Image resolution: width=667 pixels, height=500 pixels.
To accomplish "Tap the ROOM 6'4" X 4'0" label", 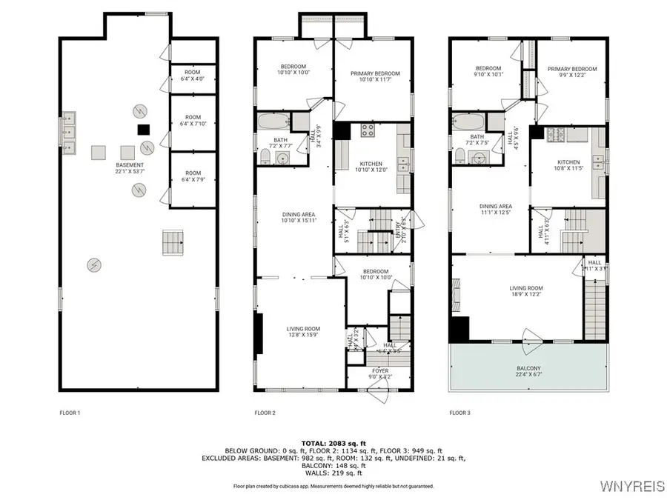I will (193, 75).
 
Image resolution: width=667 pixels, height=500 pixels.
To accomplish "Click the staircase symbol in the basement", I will (171, 241).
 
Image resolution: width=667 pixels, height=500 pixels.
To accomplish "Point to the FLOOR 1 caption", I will (70, 413).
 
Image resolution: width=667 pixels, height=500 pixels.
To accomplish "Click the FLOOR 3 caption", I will (460, 413).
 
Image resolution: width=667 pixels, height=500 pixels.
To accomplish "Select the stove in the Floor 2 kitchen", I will (367, 130).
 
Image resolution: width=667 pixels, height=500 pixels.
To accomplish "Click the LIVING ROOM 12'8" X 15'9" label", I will (303, 332).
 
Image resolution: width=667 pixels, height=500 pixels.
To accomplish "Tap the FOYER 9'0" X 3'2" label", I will (380, 373).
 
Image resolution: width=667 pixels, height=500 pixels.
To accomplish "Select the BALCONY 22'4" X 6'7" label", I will (529, 371).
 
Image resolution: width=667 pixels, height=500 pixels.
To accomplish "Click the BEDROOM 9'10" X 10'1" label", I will (488, 71).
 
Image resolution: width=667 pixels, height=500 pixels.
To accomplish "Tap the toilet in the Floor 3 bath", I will (459, 154).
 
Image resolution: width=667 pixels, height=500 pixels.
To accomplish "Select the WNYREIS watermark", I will (632, 487).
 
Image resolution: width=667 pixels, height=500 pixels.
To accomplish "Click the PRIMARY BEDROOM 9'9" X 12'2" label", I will (571, 72).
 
